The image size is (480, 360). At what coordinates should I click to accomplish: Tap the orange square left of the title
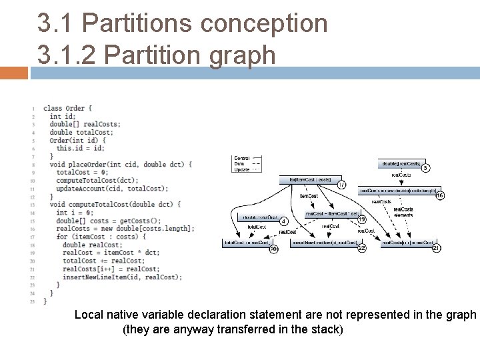point(14,72)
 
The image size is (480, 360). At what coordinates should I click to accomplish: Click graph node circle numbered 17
point(341,185)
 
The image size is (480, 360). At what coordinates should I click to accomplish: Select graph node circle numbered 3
point(425,168)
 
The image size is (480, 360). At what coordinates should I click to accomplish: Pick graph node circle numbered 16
point(439,195)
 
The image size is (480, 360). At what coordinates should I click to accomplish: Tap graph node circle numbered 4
point(283,221)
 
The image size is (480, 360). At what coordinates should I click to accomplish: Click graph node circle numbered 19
point(363,219)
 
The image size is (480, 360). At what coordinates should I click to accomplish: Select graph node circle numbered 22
point(362,248)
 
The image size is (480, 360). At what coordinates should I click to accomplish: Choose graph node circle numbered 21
point(437,248)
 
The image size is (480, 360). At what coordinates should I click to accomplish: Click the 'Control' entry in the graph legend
point(242,159)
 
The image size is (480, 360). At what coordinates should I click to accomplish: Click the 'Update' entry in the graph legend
point(242,169)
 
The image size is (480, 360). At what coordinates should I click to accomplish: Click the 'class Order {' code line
point(68,108)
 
